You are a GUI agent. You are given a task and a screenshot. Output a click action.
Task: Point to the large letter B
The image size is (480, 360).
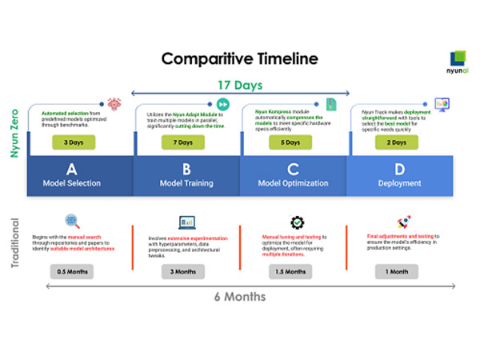[x=186, y=168]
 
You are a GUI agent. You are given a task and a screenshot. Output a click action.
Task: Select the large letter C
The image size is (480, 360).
[x=293, y=168]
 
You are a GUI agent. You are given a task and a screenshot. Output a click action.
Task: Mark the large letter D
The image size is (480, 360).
[x=399, y=168]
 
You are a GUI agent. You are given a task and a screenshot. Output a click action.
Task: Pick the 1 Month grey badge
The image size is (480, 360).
[x=398, y=271]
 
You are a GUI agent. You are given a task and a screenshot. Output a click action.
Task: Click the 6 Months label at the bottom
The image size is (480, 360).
[x=239, y=297]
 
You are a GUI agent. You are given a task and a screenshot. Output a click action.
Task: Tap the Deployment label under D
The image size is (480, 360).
[x=399, y=183]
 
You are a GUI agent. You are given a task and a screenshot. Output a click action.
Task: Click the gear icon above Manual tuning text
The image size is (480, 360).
[x=297, y=223]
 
